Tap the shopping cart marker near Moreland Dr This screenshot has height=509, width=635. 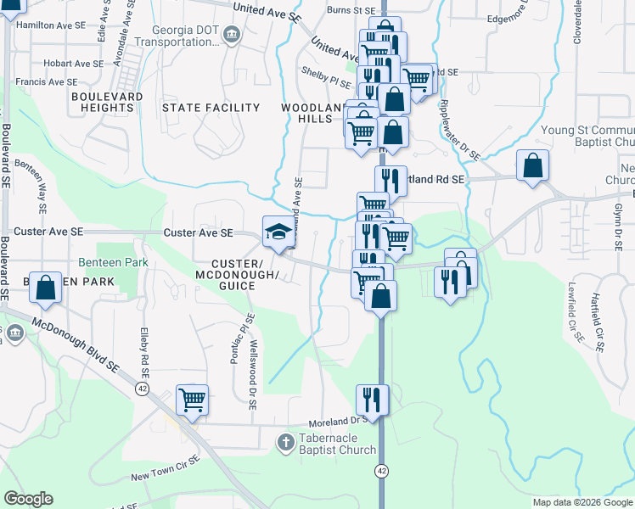point(193,399)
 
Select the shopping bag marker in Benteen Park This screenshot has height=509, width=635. point(46,288)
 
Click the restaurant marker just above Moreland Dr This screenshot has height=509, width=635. point(372,398)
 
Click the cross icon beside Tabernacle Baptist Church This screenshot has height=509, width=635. point(286,442)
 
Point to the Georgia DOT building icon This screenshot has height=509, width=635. point(232,35)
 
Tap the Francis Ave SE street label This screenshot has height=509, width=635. point(49,82)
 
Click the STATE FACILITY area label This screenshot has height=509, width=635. point(211,108)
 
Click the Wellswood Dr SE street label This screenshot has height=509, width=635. point(253,376)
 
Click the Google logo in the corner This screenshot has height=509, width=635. point(29,498)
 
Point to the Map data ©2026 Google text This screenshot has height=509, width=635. point(582,502)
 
